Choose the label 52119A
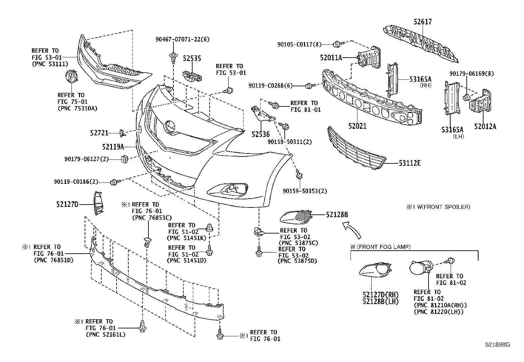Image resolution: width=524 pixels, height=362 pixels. (113, 147)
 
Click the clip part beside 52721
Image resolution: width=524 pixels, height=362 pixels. (122, 133)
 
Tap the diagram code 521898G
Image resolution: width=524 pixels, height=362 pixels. (497, 345)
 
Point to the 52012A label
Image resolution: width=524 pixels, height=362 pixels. (485, 126)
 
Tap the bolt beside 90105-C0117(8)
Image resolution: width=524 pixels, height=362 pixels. (337, 44)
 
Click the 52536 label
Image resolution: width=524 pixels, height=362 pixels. (260, 134)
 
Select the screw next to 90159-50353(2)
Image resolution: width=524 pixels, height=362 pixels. (299, 175)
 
